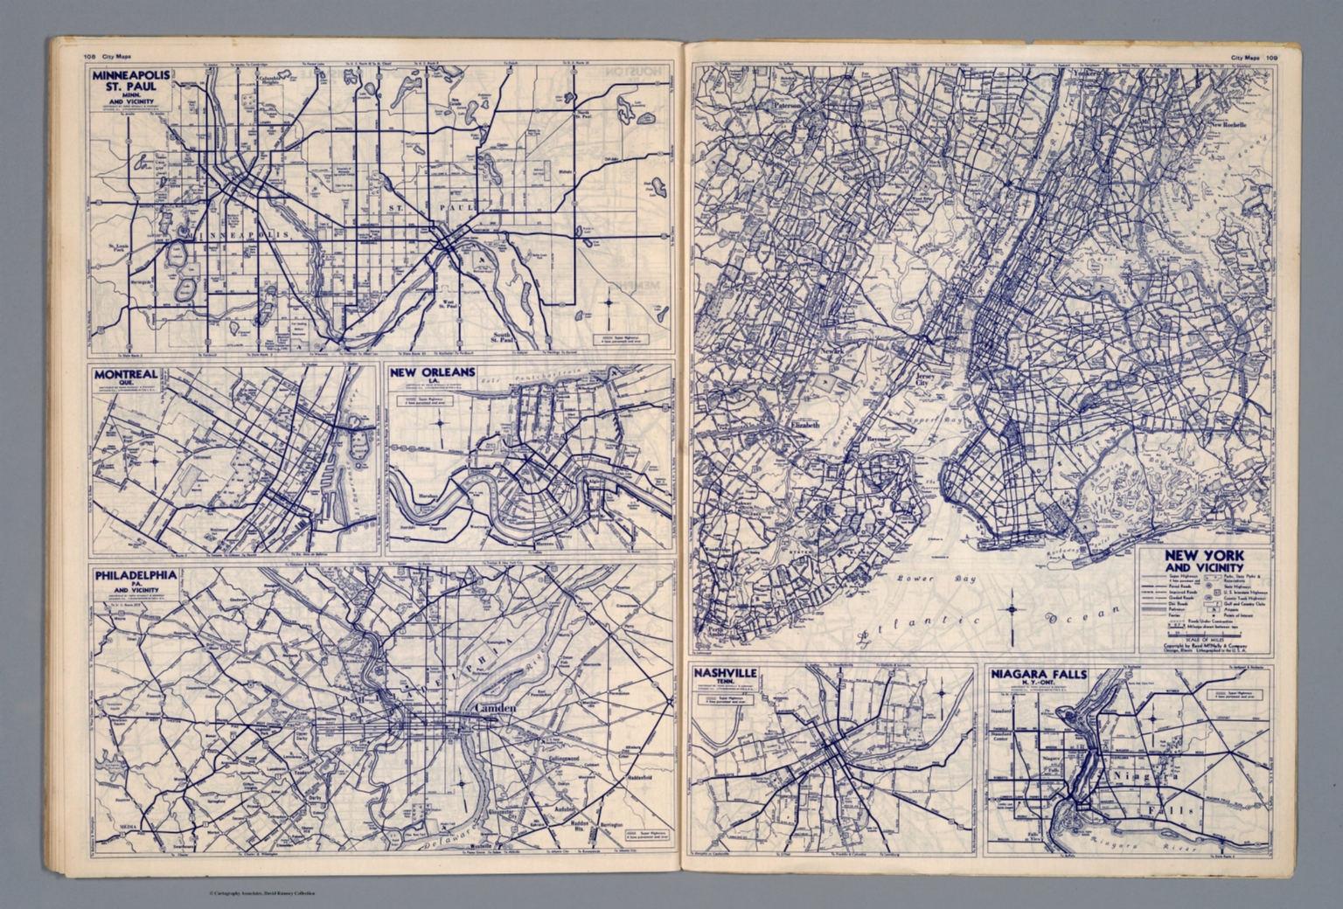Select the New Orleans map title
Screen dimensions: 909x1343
[x=433, y=373]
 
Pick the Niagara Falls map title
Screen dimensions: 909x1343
[x=1036, y=675]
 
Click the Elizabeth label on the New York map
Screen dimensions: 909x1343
[x=804, y=425]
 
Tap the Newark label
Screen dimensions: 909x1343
[x=831, y=352]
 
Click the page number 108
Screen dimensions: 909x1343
[x=89, y=58]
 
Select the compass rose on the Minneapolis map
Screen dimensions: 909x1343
[x=609, y=304]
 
